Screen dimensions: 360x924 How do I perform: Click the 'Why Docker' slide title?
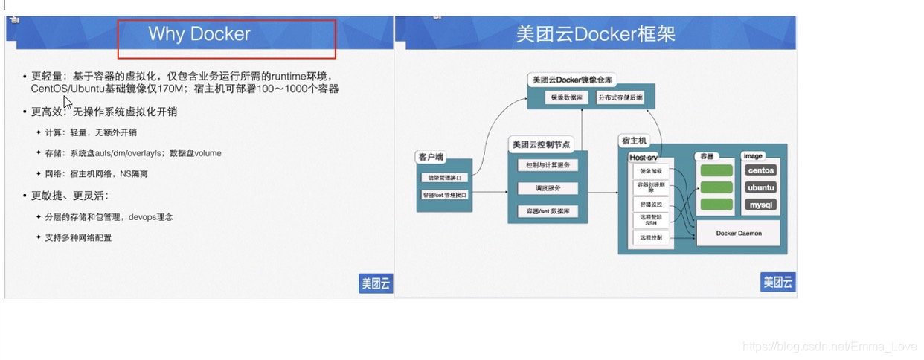(199, 34)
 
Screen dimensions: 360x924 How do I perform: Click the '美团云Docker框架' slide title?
(595, 35)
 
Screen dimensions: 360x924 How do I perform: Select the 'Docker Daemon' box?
(738, 233)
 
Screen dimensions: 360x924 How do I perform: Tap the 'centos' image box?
(761, 170)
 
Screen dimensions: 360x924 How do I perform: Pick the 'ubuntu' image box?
(761, 187)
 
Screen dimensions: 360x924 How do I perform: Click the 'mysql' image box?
(761, 205)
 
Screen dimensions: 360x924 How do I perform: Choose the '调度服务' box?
(548, 188)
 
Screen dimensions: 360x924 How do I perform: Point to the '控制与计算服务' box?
(548, 165)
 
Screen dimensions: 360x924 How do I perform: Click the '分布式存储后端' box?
(620, 97)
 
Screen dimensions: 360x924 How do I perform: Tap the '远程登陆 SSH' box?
(651, 220)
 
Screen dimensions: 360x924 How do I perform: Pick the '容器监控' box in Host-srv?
(651, 204)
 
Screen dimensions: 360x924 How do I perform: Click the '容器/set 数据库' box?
(548, 212)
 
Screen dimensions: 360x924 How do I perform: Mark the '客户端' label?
(430, 157)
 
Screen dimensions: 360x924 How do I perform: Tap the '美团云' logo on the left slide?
(376, 283)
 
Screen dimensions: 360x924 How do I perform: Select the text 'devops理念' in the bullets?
(151, 217)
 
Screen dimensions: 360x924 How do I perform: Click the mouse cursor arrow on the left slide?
(67, 101)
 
